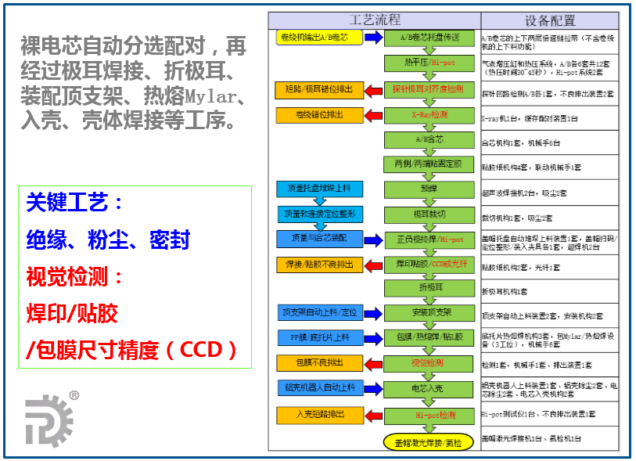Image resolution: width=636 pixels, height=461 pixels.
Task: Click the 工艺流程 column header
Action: (374, 20)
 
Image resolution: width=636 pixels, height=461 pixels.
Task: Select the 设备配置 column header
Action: (549, 20)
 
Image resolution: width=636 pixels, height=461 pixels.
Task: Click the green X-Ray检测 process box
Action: (429, 115)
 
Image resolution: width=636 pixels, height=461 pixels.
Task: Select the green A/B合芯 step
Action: (429, 140)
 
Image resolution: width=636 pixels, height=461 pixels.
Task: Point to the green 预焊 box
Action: (429, 189)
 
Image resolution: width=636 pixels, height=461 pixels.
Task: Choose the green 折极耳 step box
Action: (429, 288)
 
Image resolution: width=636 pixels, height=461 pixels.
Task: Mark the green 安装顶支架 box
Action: (429, 313)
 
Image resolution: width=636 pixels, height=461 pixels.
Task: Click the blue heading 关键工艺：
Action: (74, 203)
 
